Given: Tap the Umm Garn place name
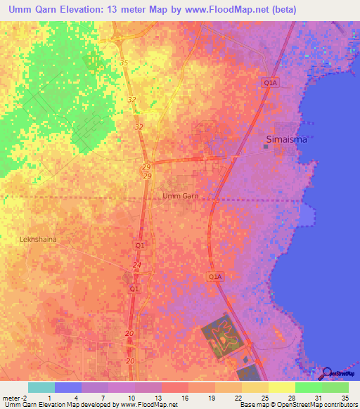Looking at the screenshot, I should coord(181,196).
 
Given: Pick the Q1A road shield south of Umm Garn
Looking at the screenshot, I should coord(215,278).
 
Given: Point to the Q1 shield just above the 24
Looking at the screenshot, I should coord(139,245).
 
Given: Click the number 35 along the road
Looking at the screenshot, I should coord(124,63).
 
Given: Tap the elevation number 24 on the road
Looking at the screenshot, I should coord(136,264).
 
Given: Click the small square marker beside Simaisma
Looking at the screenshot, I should coord(266,147).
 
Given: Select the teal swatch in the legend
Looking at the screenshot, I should coord(41,387).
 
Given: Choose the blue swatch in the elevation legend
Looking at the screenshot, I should coord(68,387).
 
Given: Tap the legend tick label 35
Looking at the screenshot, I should coord(345,397).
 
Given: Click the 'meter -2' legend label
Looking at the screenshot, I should coord(15,397).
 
